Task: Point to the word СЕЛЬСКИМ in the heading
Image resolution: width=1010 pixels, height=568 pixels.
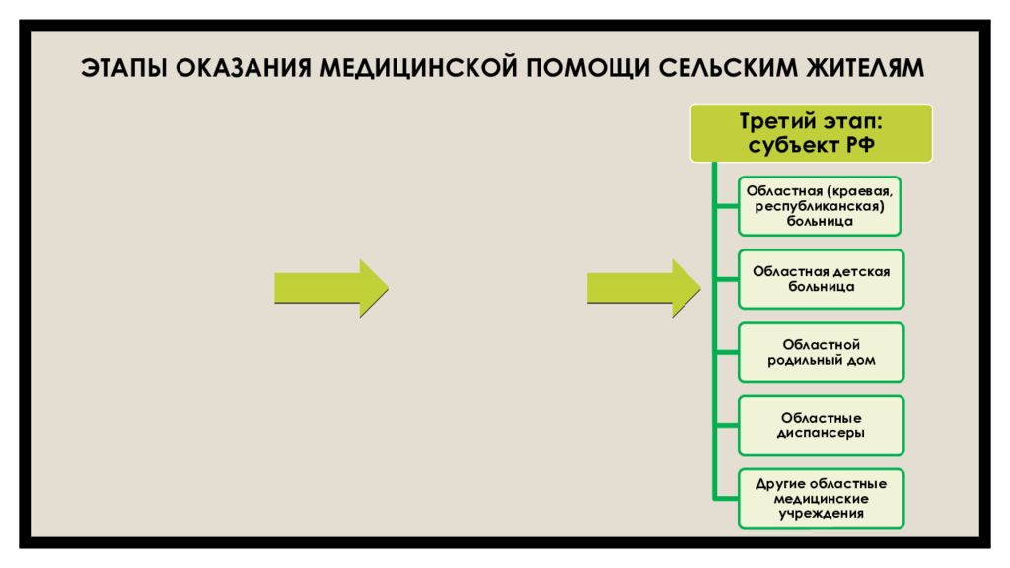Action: (728, 68)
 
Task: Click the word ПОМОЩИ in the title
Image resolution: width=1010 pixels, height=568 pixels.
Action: (588, 68)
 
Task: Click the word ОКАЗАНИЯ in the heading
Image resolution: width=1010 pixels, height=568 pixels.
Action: (243, 68)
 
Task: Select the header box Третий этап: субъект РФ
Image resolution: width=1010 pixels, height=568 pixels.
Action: (811, 133)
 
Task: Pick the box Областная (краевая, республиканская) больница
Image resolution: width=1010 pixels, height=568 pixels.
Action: (820, 206)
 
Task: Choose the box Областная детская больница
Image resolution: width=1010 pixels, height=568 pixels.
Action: (822, 279)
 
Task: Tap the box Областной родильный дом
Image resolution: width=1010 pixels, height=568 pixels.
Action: (822, 352)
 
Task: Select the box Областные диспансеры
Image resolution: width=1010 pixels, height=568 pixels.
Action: (822, 426)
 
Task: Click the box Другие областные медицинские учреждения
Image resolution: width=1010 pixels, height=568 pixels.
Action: (822, 498)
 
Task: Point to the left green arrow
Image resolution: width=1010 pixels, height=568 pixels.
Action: (331, 288)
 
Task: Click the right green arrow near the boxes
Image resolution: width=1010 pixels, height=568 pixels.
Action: (643, 288)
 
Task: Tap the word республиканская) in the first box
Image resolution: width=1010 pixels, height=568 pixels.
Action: (820, 207)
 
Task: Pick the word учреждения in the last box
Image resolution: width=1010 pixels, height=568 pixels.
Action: (822, 514)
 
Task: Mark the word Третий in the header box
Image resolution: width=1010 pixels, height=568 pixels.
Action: (771, 121)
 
